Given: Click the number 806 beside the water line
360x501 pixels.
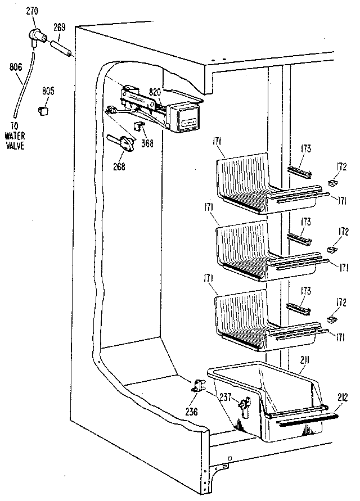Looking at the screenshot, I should pyautogui.click(x=16, y=66).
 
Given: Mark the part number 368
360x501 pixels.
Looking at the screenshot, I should pyautogui.click(x=147, y=143).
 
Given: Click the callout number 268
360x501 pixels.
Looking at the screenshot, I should pyautogui.click(x=119, y=166).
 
